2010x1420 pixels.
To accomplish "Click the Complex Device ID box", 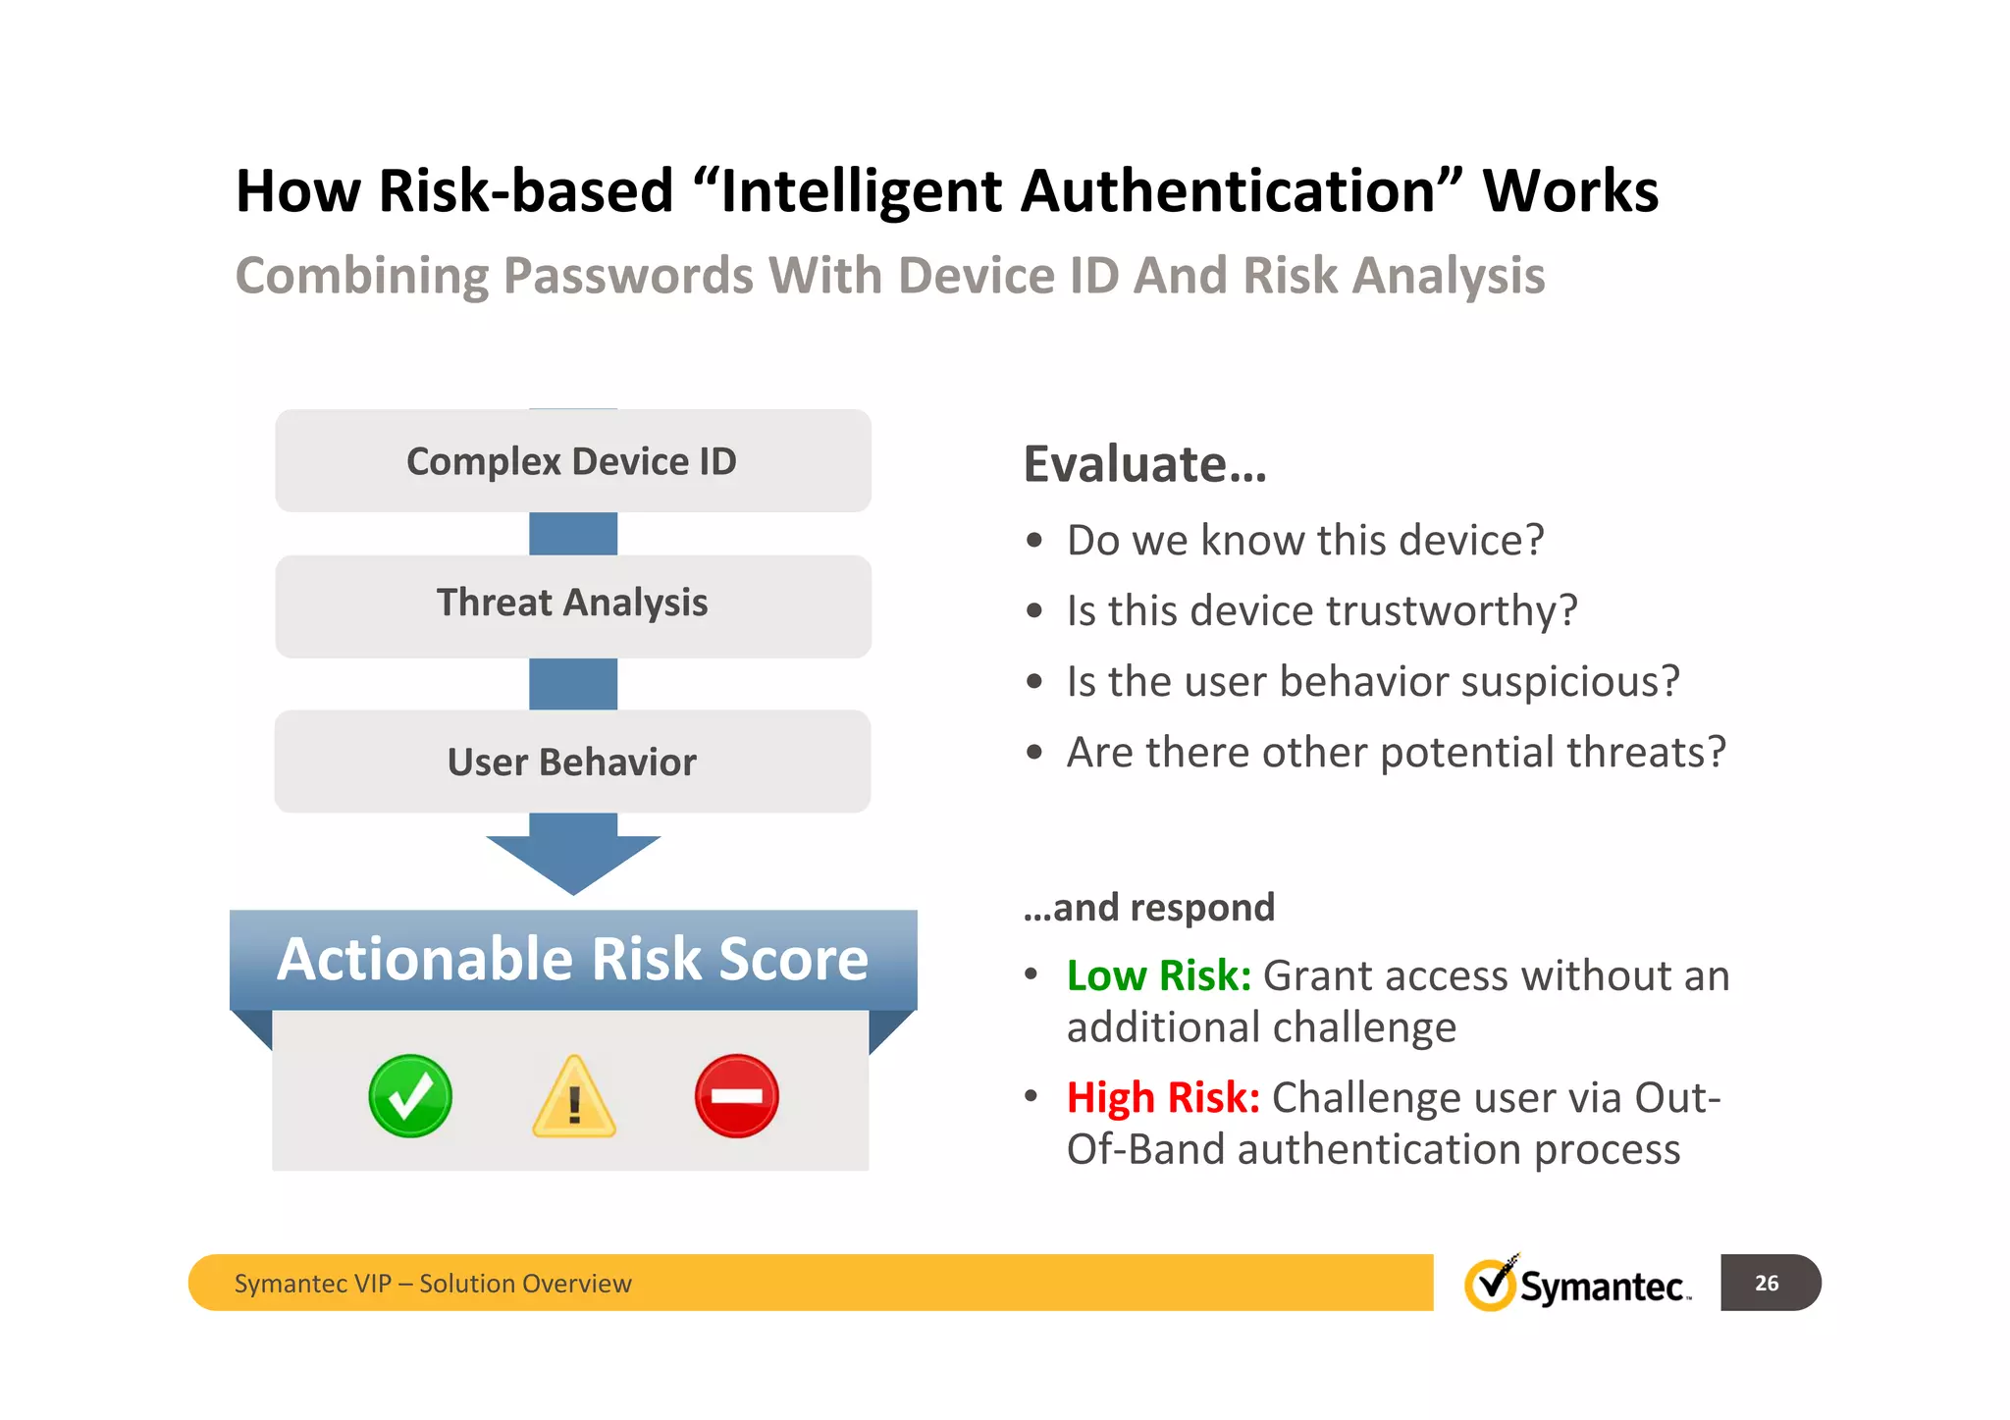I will pyautogui.click(x=572, y=461).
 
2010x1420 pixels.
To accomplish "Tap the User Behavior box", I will pyautogui.click(x=572, y=763).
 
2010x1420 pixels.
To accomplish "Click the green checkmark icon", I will pyautogui.click(x=410, y=1096).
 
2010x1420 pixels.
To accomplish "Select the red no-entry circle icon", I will pyautogui.click(x=736, y=1096).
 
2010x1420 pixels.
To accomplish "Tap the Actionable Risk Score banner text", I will pyautogui.click(x=573, y=959).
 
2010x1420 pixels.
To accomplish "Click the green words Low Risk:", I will pyautogui.click(x=1158, y=975).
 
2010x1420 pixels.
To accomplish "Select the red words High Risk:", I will pyautogui.click(x=1163, y=1097).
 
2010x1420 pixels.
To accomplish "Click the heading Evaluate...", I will pyautogui.click(x=1144, y=464).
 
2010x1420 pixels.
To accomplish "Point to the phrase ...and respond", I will pyautogui.click(x=1148, y=907).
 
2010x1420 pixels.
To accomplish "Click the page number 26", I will pyautogui.click(x=1767, y=1283).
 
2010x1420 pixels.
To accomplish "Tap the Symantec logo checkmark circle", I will pyautogui.click(x=1490, y=1284).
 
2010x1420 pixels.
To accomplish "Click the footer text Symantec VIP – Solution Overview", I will pyautogui.click(x=433, y=1284).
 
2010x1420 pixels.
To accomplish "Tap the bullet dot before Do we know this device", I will pyautogui.click(x=1033, y=541).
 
